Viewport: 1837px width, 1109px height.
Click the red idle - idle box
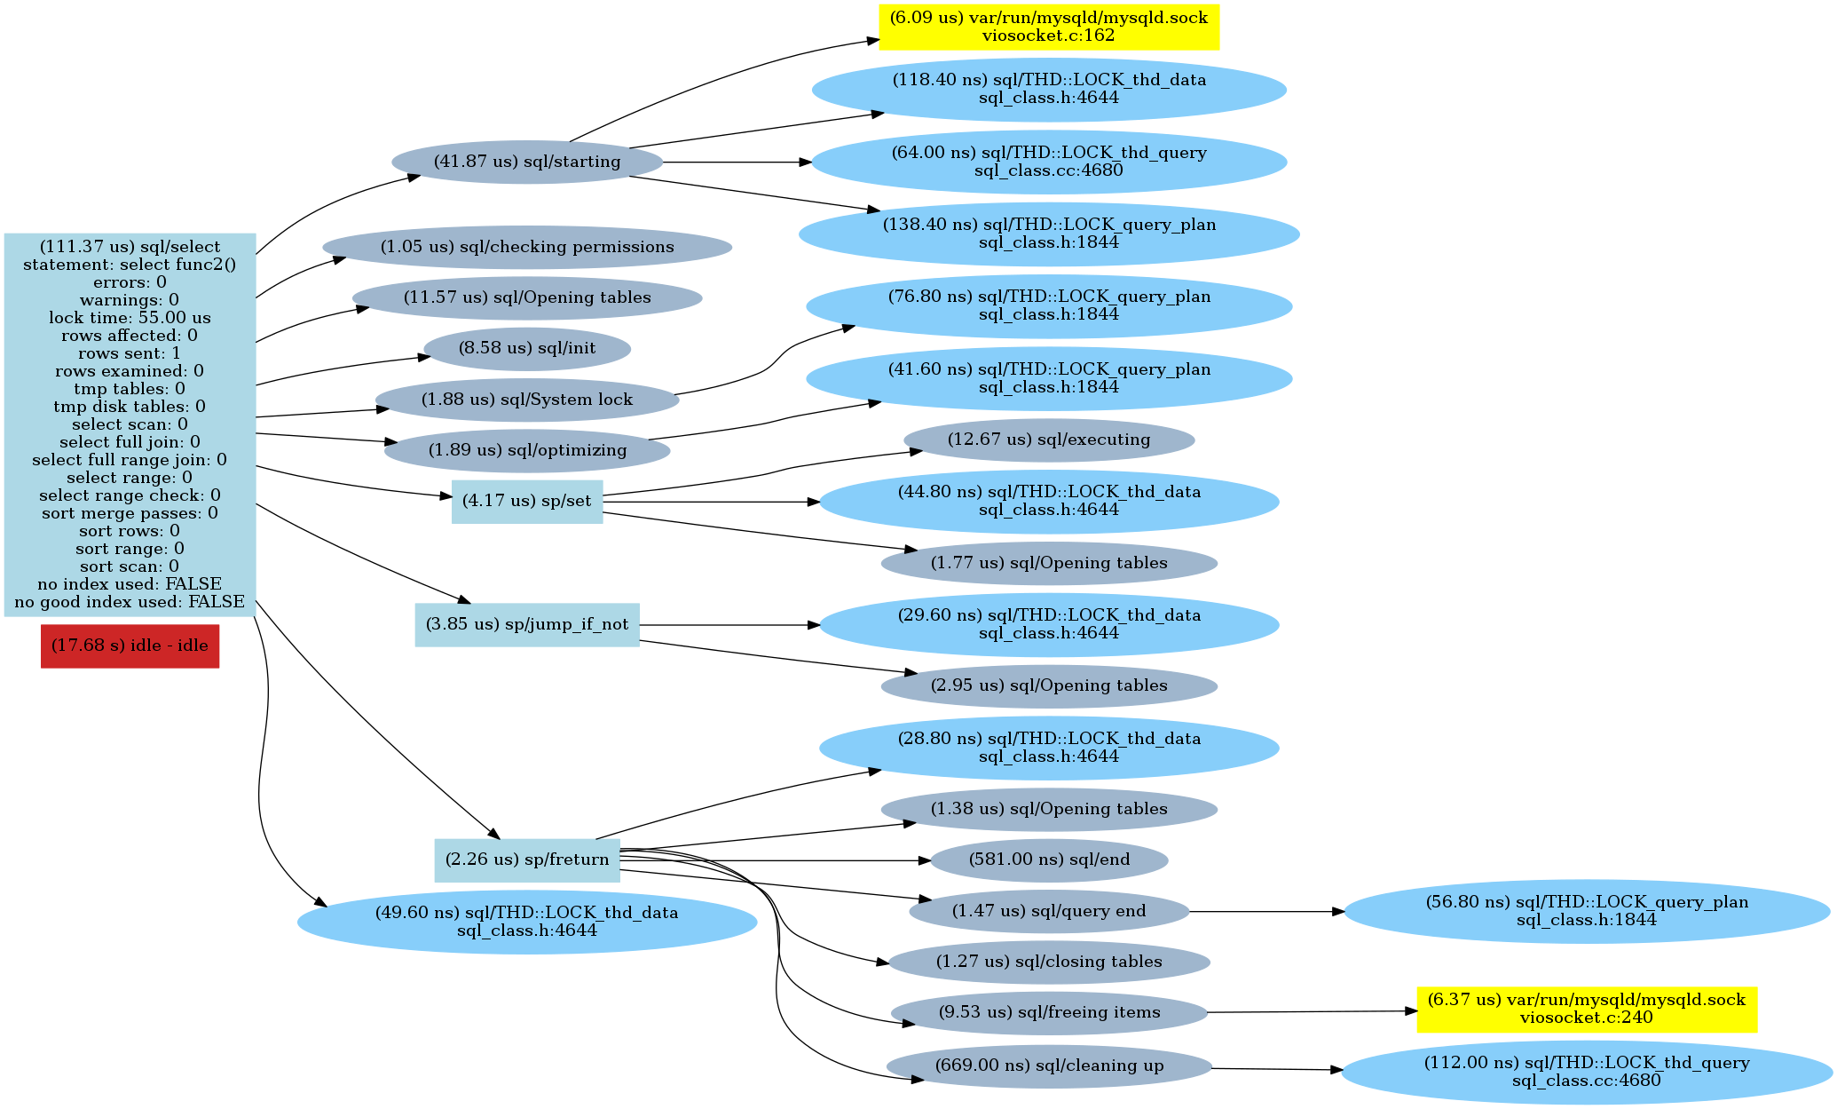tap(130, 646)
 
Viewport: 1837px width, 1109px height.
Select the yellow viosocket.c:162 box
tap(1049, 27)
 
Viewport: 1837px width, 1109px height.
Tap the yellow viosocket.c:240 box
tap(1587, 1009)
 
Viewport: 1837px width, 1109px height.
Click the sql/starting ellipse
tap(527, 162)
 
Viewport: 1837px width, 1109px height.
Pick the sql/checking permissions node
tap(527, 247)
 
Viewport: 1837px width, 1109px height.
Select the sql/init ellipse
tap(527, 348)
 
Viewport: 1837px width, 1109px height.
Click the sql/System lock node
tap(527, 400)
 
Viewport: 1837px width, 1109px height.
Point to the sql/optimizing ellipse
tap(527, 450)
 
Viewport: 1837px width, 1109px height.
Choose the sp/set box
tap(527, 502)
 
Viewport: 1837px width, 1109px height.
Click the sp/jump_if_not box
tap(527, 624)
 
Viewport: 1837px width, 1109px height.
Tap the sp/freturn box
tap(527, 859)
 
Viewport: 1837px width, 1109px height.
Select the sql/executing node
tap(1049, 440)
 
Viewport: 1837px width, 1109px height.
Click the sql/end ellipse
tap(1049, 859)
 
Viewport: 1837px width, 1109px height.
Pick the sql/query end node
tap(1049, 911)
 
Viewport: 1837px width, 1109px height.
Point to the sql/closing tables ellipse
tap(1049, 962)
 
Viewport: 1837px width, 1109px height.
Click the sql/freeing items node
tap(1049, 1012)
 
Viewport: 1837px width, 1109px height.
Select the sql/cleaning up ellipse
tap(1049, 1065)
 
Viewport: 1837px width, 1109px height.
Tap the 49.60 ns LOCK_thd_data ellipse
tap(527, 922)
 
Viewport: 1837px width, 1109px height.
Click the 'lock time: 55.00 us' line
tap(130, 318)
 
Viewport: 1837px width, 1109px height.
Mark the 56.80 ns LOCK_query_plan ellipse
tap(1587, 911)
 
